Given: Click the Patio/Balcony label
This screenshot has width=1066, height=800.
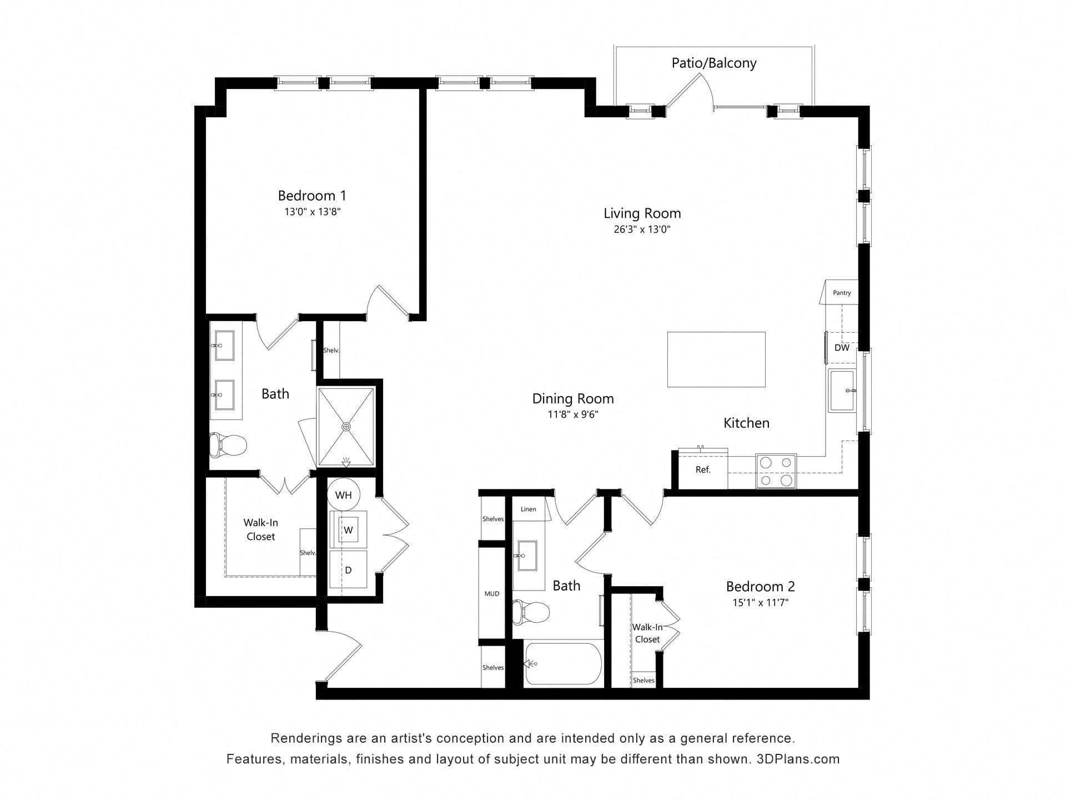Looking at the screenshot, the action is coord(714,63).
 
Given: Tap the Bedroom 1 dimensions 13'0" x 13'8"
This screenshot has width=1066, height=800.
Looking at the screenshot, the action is coord(312,212).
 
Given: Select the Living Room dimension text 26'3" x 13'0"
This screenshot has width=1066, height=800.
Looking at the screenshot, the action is coord(642,229).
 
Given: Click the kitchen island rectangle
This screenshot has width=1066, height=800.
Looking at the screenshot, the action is coord(716,359).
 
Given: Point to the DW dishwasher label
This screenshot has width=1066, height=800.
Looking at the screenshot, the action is coord(842,348).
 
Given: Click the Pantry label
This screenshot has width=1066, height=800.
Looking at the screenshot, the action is coord(842,293).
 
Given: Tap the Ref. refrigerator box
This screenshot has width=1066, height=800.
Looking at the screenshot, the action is coord(703,469).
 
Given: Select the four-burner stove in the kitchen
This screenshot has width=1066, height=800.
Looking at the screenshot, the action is coord(776,471).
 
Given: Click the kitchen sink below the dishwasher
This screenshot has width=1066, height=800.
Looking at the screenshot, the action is coord(842,391).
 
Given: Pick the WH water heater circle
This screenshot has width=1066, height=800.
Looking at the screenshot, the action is coord(344,494).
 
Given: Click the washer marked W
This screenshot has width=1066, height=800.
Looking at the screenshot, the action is coord(348,530).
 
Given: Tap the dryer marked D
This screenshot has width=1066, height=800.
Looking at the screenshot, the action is coord(348,569).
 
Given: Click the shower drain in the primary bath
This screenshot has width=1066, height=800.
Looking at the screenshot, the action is coord(346,427).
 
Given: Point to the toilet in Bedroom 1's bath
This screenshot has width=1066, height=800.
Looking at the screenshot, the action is coord(228,444).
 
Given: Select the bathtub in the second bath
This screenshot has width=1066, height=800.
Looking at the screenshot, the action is coord(563,663).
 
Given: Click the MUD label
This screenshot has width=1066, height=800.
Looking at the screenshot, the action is coord(492,594).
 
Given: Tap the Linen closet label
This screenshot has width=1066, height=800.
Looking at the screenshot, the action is coord(529,509).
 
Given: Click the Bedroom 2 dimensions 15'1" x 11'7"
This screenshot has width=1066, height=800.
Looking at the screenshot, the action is coord(761,603).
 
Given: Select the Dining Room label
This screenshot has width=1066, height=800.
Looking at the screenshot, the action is coord(573,399).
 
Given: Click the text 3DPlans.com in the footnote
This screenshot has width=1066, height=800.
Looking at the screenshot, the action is coord(798,759).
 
